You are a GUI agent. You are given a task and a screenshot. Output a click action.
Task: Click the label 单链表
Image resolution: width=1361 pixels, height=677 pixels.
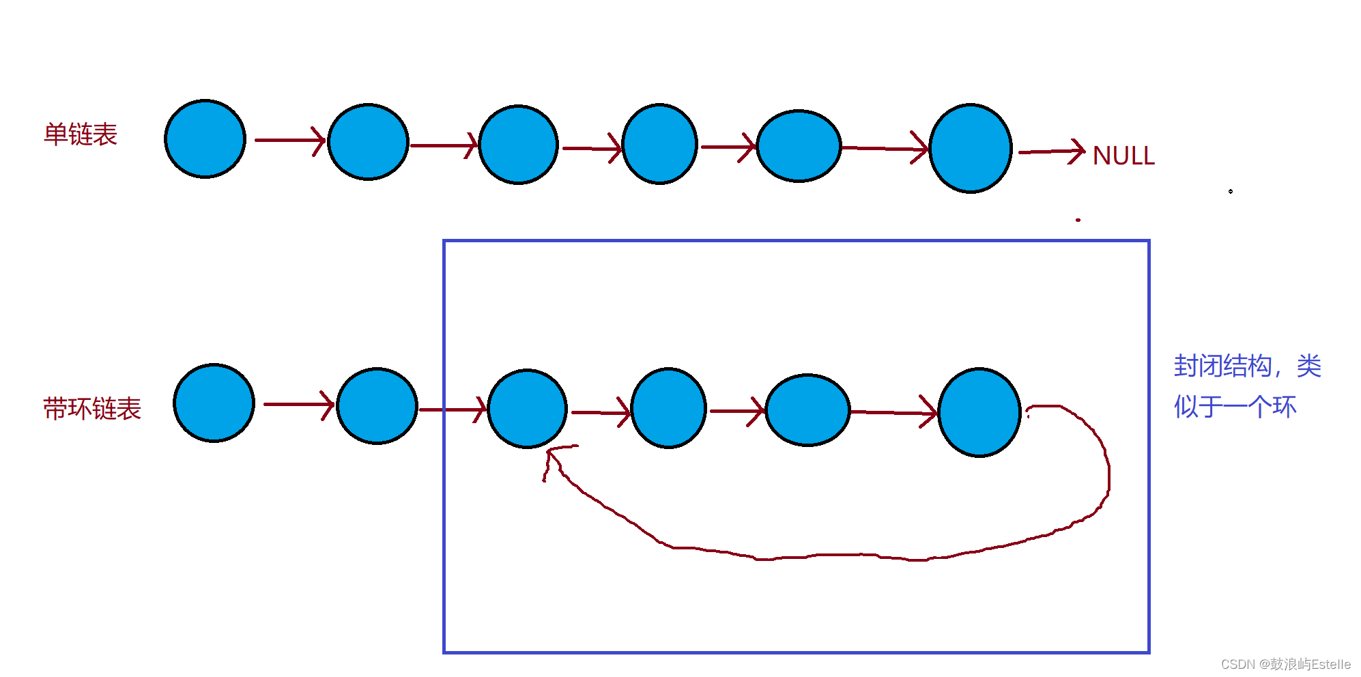click(x=81, y=134)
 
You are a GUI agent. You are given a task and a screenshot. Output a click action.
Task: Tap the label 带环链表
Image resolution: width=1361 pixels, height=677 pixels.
click(x=92, y=409)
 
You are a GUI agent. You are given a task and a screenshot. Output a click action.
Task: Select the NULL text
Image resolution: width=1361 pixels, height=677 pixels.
click(x=1123, y=156)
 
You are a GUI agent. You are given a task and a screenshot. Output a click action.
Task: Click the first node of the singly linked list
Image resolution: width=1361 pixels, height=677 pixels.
click(x=205, y=139)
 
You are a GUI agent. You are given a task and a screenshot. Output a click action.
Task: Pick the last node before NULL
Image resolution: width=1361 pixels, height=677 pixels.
click(x=971, y=148)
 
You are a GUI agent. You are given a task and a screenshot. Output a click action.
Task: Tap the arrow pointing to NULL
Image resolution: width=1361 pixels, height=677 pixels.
click(x=1051, y=152)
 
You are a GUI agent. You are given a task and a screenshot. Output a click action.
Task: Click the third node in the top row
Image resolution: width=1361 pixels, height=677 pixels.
click(x=519, y=145)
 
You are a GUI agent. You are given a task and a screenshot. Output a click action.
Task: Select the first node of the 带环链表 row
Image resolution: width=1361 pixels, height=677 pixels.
click(x=214, y=403)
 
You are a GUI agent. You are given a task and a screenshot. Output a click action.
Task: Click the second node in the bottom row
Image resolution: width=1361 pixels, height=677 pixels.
click(x=377, y=406)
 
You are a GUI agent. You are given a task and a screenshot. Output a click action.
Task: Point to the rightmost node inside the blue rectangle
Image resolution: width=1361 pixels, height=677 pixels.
click(x=979, y=412)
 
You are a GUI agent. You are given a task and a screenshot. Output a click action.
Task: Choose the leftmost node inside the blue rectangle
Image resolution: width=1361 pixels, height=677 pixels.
click(x=528, y=409)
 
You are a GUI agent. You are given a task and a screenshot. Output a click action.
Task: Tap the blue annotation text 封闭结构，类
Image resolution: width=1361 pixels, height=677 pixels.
click(x=1247, y=366)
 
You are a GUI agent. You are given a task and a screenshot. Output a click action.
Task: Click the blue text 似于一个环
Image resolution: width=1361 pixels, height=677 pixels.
click(x=1235, y=407)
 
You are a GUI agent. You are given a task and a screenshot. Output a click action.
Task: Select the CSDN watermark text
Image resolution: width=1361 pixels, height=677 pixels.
click(x=1285, y=664)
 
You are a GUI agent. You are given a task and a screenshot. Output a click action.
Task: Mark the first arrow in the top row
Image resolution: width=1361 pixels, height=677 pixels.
click(x=289, y=140)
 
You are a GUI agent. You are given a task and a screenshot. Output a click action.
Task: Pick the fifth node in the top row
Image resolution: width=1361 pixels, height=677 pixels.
click(x=799, y=146)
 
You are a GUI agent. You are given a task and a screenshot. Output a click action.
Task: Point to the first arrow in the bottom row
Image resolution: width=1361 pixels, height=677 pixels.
click(x=298, y=404)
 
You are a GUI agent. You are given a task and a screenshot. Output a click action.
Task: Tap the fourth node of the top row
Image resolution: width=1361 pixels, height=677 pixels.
click(x=660, y=144)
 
